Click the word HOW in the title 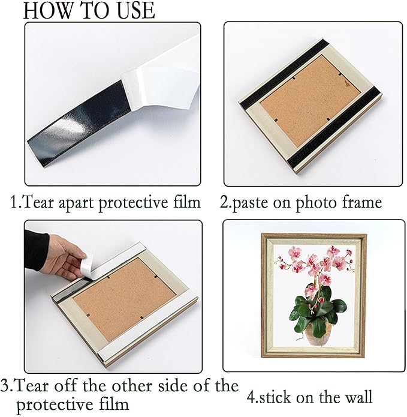pos(48,11)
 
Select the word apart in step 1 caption pos(77,203)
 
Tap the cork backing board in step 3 pos(124,299)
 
